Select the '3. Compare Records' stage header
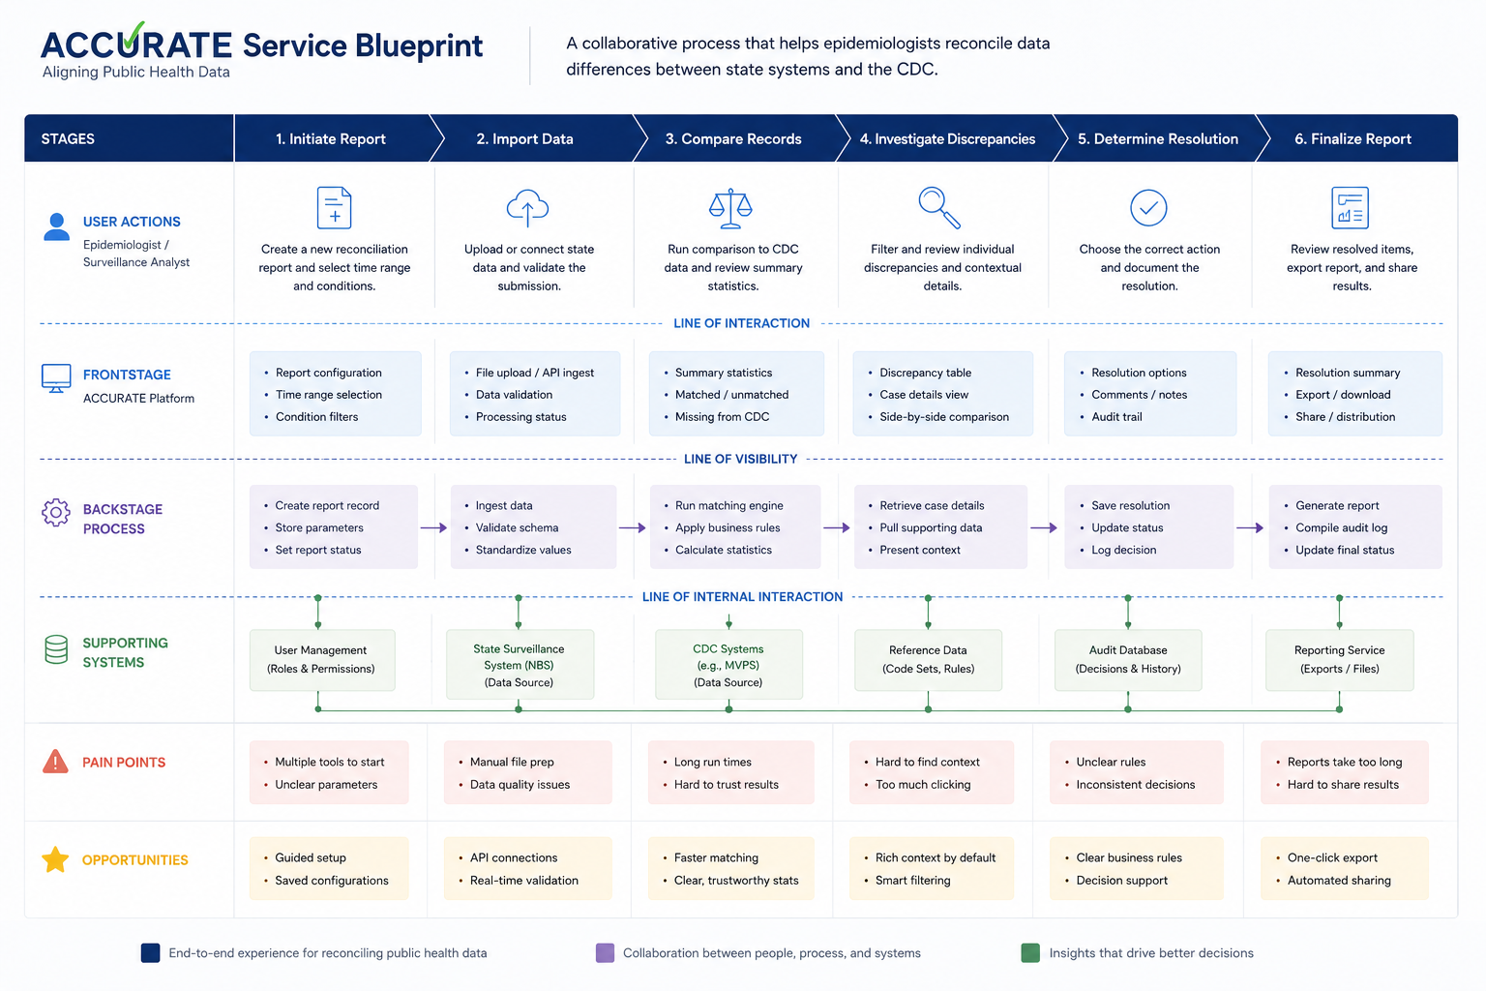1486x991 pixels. coord(733,138)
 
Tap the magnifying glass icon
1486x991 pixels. coord(938,208)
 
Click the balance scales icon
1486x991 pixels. coord(730,208)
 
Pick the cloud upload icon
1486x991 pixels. coord(527,208)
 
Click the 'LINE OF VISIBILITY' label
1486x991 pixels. coord(740,459)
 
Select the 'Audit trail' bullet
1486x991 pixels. coord(1117,417)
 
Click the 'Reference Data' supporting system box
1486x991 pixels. coord(928,660)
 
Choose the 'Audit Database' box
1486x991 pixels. coord(1128,660)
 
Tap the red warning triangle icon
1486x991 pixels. coord(55,762)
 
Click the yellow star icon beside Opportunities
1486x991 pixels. coord(55,859)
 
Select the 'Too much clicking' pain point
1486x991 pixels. coord(923,785)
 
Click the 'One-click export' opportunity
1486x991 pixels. coord(1332,857)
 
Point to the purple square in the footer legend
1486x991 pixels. coord(605,952)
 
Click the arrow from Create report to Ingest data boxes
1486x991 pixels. coord(433,527)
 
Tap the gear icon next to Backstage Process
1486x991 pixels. coord(56,512)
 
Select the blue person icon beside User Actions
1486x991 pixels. coord(56,227)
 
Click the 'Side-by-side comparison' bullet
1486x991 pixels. coord(944,417)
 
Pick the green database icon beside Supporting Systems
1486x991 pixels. coord(56,649)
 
